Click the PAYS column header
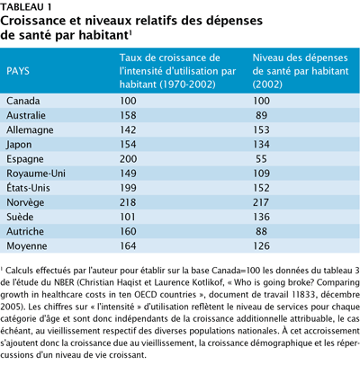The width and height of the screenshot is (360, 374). (x=18, y=71)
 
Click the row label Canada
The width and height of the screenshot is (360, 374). (x=23, y=101)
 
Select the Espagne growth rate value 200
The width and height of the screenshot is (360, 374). (x=128, y=159)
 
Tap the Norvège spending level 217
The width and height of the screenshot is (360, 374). (x=261, y=202)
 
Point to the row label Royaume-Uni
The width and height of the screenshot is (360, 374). (x=36, y=174)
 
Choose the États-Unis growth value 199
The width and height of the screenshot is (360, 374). (x=128, y=188)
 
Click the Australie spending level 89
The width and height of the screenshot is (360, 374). (x=261, y=115)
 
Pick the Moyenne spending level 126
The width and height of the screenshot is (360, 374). (x=261, y=246)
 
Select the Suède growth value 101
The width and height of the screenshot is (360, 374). (x=128, y=217)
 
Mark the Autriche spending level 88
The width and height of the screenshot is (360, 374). (x=261, y=231)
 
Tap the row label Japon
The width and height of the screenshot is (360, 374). (x=19, y=145)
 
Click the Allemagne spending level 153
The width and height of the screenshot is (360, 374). (x=261, y=129)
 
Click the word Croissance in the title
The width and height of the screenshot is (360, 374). (x=33, y=21)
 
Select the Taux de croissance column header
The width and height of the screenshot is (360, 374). (x=178, y=71)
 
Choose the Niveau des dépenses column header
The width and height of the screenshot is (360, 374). (x=301, y=71)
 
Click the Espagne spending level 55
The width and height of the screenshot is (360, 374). (x=261, y=159)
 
